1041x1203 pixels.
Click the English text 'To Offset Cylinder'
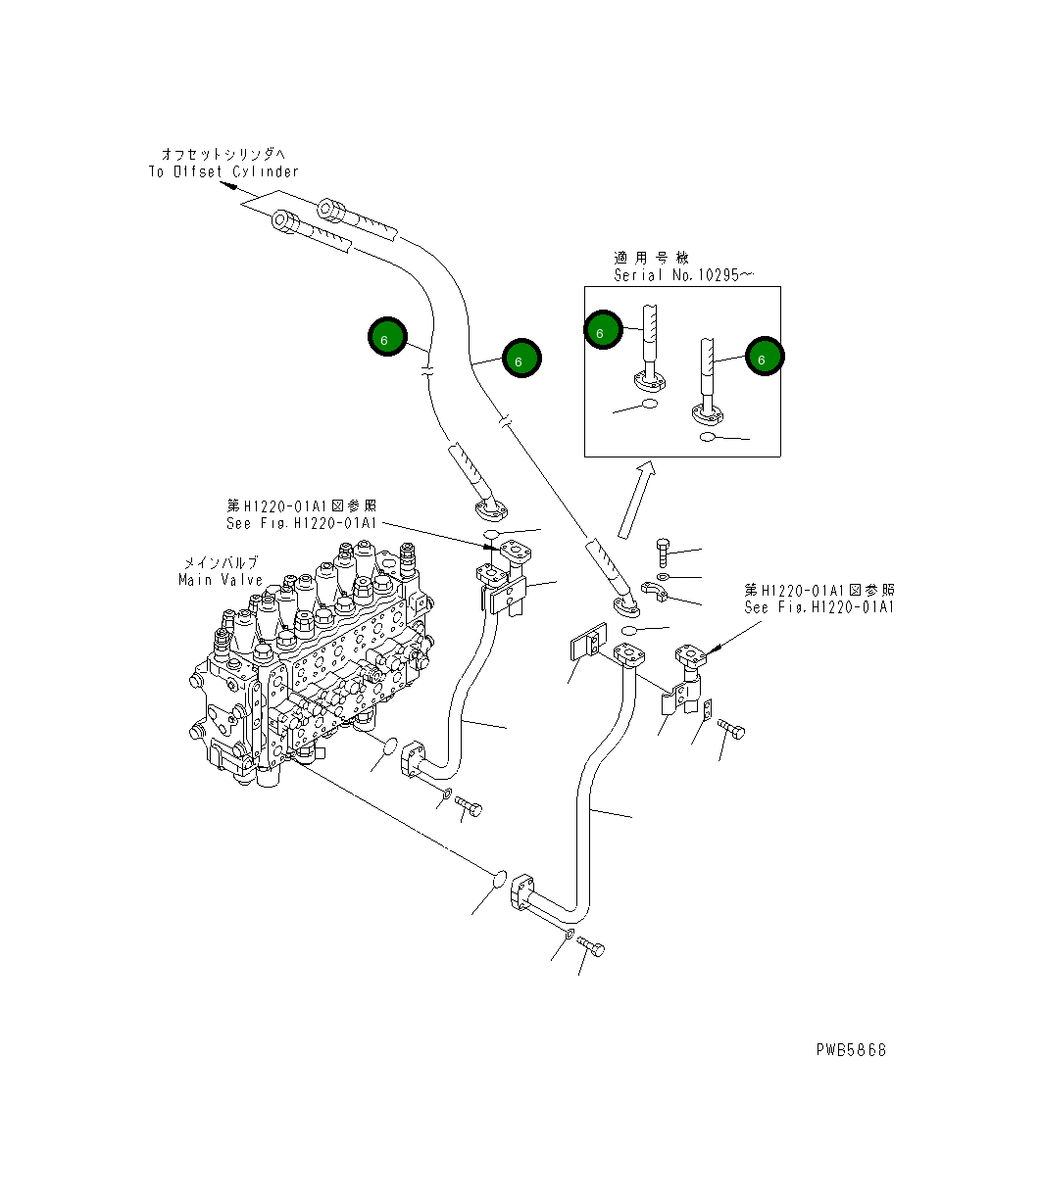pyautogui.click(x=223, y=171)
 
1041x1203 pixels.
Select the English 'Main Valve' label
pyautogui.click(x=221, y=580)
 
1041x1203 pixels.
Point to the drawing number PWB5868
pyautogui.click(x=851, y=1049)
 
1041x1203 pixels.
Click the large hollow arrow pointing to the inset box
pyautogui.click(x=635, y=500)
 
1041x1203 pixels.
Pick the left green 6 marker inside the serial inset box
pyautogui.click(x=603, y=331)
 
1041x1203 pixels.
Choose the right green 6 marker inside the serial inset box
pyautogui.click(x=764, y=358)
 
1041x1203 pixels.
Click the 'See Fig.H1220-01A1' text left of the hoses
pyautogui.click(x=301, y=523)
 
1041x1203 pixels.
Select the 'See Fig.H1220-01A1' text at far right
pyautogui.click(x=819, y=607)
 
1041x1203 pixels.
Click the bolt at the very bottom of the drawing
pyautogui.click(x=591, y=946)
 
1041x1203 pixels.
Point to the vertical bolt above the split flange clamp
pyautogui.click(x=664, y=552)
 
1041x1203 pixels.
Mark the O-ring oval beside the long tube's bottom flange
pyautogui.click(x=499, y=878)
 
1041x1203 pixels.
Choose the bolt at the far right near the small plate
pyautogui.click(x=731, y=729)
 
